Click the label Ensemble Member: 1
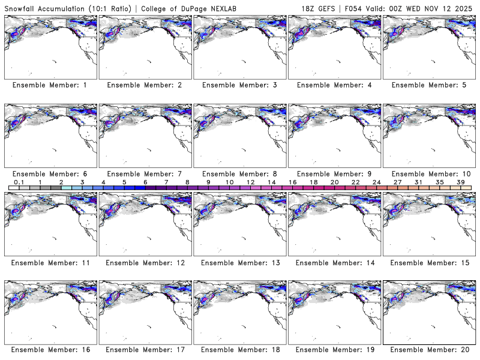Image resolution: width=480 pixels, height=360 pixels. (x=49, y=85)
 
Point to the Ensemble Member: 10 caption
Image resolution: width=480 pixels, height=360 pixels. (x=430, y=173)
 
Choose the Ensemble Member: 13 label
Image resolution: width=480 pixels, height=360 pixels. (x=241, y=262)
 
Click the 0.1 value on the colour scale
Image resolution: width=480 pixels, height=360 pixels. (x=19, y=182)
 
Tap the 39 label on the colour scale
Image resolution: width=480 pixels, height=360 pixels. (x=461, y=182)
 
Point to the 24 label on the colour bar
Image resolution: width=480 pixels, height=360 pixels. (x=376, y=182)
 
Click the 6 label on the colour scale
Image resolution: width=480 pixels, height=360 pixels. (x=145, y=182)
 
